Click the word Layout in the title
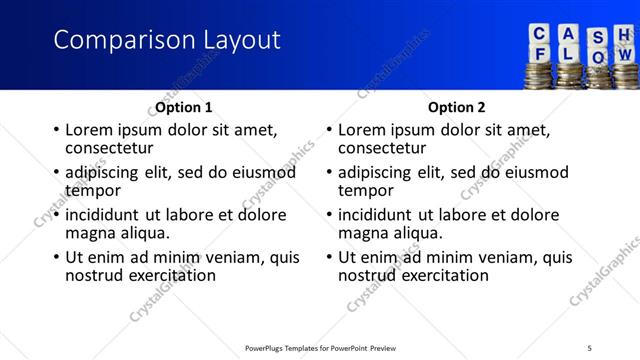(x=238, y=41)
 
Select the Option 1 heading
(x=184, y=107)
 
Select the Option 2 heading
(x=457, y=107)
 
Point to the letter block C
(x=540, y=33)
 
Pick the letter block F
(x=541, y=55)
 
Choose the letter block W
(x=625, y=56)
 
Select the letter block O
(x=598, y=57)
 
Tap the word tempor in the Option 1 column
(x=93, y=190)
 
